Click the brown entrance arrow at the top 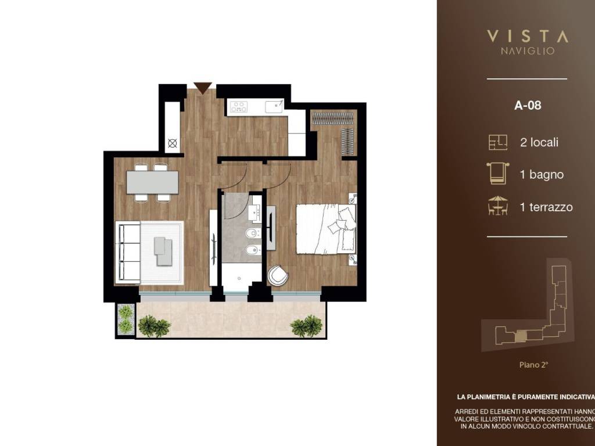[202, 88]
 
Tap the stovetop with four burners [239, 107]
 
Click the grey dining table [152, 182]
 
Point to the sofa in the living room [129, 252]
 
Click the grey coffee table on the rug [163, 251]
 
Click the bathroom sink [256, 213]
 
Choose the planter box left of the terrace [125, 319]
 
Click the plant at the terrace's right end [306, 326]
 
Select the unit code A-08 [528, 106]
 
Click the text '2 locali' [539, 142]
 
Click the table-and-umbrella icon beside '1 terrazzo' [498, 206]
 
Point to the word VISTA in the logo [527, 36]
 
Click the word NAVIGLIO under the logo [527, 51]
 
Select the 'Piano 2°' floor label [533, 365]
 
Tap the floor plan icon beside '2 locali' [498, 142]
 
